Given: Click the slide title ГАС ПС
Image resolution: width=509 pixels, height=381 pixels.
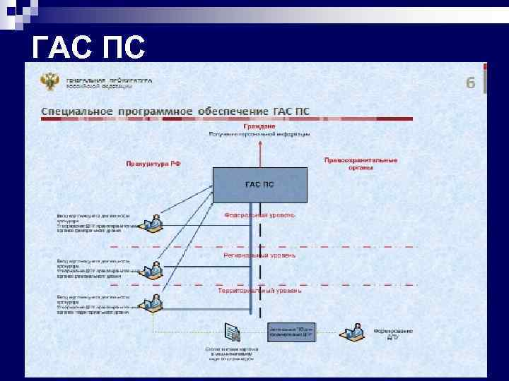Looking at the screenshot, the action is pos(89,48).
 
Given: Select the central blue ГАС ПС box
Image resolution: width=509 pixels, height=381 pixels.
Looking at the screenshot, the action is pos(259,184).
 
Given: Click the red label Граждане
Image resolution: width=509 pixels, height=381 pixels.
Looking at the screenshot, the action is pos(259,126).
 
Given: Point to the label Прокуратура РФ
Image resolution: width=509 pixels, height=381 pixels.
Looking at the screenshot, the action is pos(153,163).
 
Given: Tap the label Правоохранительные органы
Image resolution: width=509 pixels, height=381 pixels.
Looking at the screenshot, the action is pos(361,164).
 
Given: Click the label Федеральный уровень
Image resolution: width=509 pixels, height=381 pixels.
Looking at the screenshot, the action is pos(259,214).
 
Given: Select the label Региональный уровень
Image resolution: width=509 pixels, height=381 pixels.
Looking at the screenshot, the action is pos(259,255).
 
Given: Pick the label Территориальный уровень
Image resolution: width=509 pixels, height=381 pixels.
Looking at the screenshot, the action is pos(259,291).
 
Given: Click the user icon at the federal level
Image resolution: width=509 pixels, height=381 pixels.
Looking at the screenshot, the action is pos(152,224).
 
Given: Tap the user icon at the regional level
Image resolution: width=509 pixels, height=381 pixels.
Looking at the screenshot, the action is pos(152,269).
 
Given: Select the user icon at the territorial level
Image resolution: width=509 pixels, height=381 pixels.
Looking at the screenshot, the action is pos(152,304).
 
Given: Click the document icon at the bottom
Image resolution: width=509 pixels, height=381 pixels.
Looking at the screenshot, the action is pos(233,331).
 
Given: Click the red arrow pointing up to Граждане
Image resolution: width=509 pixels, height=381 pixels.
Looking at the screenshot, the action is pos(259,152).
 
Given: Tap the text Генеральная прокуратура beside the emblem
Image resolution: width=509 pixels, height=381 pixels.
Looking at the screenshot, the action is pos(110,79).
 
